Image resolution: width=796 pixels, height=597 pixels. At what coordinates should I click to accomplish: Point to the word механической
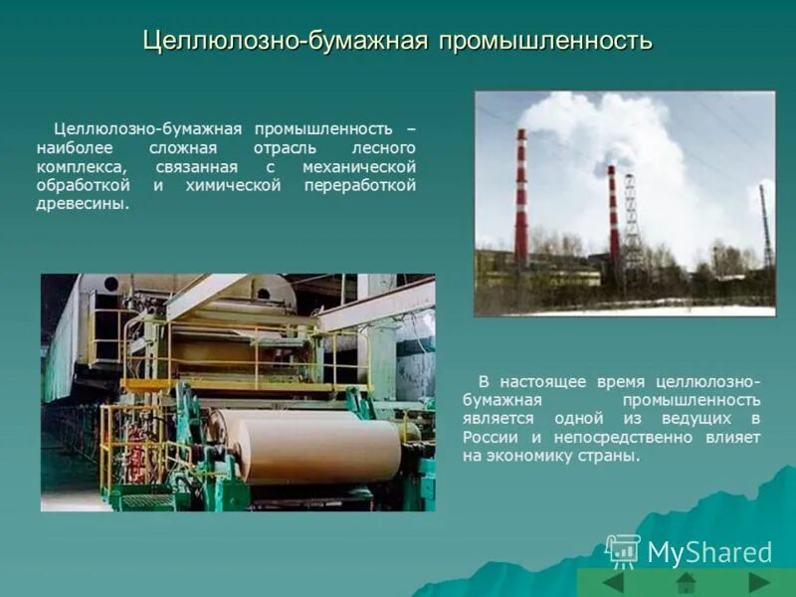click(x=359, y=167)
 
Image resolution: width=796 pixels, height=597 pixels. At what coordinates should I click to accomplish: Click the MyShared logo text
click(x=708, y=553)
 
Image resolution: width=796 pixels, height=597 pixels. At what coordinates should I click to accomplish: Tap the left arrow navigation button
click(x=613, y=582)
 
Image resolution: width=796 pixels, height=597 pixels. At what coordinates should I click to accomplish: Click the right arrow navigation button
click(x=758, y=582)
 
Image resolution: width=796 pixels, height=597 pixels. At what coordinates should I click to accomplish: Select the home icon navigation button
click(x=686, y=582)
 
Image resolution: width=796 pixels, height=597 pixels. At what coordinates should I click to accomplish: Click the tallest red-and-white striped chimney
click(x=521, y=199)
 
